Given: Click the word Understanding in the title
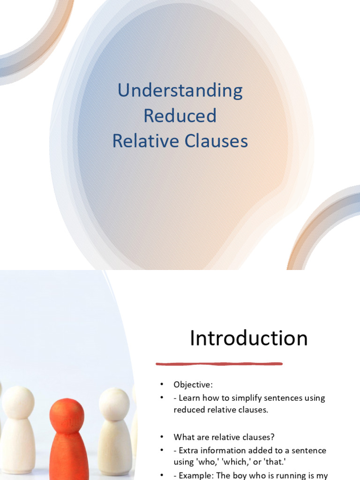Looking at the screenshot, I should pyautogui.click(x=180, y=90).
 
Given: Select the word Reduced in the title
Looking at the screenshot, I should pyautogui.click(x=180, y=116).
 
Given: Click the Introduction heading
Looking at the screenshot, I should pyautogui.click(x=248, y=338).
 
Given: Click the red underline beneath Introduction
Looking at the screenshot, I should pyautogui.click(x=219, y=363).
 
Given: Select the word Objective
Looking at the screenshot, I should pyautogui.click(x=193, y=385).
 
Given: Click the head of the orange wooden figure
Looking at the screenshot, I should pyautogui.click(x=67, y=415).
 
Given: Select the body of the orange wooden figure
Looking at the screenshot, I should pyautogui.click(x=69, y=457).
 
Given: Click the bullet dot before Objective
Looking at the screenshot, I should pyautogui.click(x=161, y=385).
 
